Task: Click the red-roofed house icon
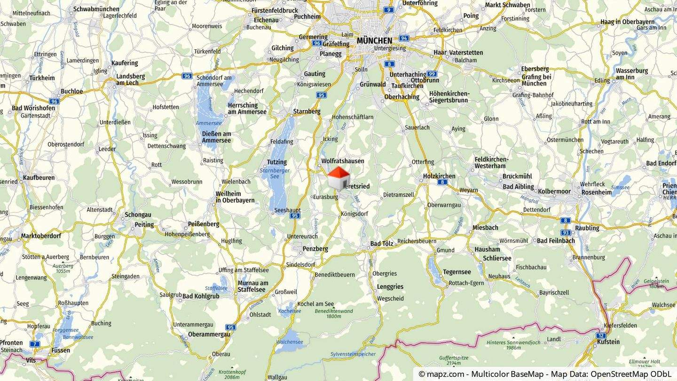[x=338, y=178]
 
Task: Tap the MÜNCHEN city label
[x=374, y=40]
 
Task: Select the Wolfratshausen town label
[x=343, y=161]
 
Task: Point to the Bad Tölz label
[x=382, y=243]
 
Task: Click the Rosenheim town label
[x=597, y=192]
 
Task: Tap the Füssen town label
[x=61, y=350]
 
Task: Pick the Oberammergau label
[x=209, y=334]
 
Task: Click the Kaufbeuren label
[x=39, y=177]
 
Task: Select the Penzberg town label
[x=315, y=248]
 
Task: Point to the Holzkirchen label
[x=439, y=176]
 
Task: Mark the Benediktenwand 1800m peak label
[x=334, y=313]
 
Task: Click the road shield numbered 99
[x=432, y=74]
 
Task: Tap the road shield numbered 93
[x=566, y=232]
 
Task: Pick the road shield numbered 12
[x=601, y=335]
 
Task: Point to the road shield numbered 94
[x=404, y=38]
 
